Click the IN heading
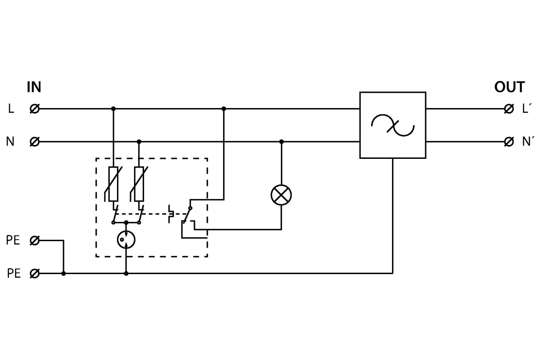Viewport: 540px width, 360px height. click(x=34, y=87)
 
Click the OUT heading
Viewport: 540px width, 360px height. click(x=509, y=87)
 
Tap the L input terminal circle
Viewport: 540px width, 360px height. click(x=34, y=108)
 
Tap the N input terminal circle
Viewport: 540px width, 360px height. click(x=34, y=142)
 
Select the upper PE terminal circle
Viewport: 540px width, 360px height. click(x=34, y=241)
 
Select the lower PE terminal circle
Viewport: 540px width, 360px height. click(x=34, y=273)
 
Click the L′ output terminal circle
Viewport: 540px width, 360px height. click(x=509, y=108)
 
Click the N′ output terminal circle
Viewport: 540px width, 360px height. click(x=509, y=142)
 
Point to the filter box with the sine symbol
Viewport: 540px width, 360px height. click(x=393, y=125)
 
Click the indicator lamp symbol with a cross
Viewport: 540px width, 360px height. click(x=281, y=195)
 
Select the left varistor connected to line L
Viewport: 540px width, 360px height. click(x=113, y=184)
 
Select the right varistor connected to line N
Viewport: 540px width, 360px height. click(x=139, y=184)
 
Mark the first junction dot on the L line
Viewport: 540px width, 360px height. click(x=113, y=108)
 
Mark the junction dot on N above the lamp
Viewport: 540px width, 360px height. click(x=282, y=142)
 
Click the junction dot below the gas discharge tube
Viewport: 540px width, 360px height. click(x=126, y=273)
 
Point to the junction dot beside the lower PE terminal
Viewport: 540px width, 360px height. click(x=63, y=273)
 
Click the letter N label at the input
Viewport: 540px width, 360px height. click(x=10, y=142)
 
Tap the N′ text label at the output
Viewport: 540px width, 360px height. click(x=528, y=142)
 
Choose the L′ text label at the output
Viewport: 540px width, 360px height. click(x=527, y=108)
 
